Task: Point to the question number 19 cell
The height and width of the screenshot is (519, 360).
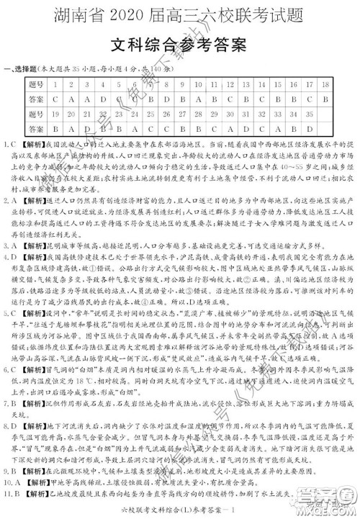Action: click(x=55, y=113)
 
